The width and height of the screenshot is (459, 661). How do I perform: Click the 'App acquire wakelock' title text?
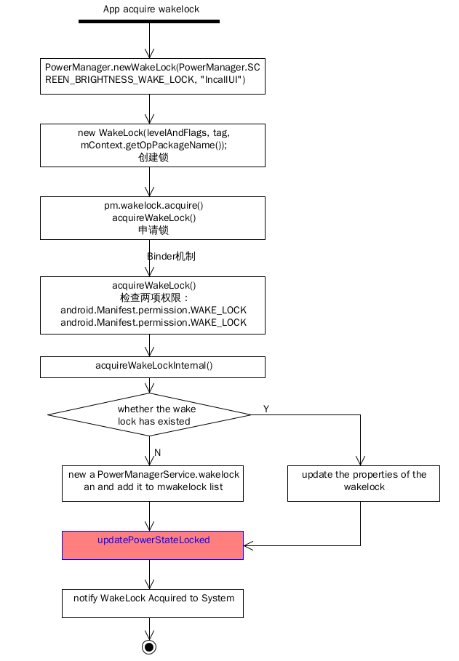point(151,9)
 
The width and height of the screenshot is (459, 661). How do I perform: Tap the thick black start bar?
point(149,21)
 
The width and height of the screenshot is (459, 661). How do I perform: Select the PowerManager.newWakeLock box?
point(153,76)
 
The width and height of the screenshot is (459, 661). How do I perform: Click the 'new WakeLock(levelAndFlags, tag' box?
point(153,145)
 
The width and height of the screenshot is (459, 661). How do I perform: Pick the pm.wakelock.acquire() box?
point(153,218)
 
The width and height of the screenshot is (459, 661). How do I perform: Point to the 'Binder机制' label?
point(171,256)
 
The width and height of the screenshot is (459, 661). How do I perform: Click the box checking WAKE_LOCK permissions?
point(153,305)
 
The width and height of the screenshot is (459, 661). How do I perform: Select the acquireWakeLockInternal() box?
point(153,367)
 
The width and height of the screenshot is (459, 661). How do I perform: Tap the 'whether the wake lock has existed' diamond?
point(149,414)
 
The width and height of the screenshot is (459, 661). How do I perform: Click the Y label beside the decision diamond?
point(266,409)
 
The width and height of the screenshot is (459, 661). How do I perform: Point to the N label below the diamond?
point(157,453)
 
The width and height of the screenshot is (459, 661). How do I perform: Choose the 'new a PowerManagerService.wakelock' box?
point(153,484)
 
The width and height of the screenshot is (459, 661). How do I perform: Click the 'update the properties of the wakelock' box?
point(364,484)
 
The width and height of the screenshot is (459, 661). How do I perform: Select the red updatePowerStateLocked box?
point(153,545)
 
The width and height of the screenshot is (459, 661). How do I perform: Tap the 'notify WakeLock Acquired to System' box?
point(153,604)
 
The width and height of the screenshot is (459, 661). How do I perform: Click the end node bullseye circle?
point(149,646)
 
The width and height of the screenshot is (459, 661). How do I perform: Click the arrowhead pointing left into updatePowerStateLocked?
point(248,546)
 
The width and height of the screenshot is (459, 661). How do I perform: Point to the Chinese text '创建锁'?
point(153,158)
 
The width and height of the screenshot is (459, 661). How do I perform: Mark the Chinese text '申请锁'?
point(153,231)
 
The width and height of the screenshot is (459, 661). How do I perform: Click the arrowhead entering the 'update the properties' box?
point(360,461)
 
